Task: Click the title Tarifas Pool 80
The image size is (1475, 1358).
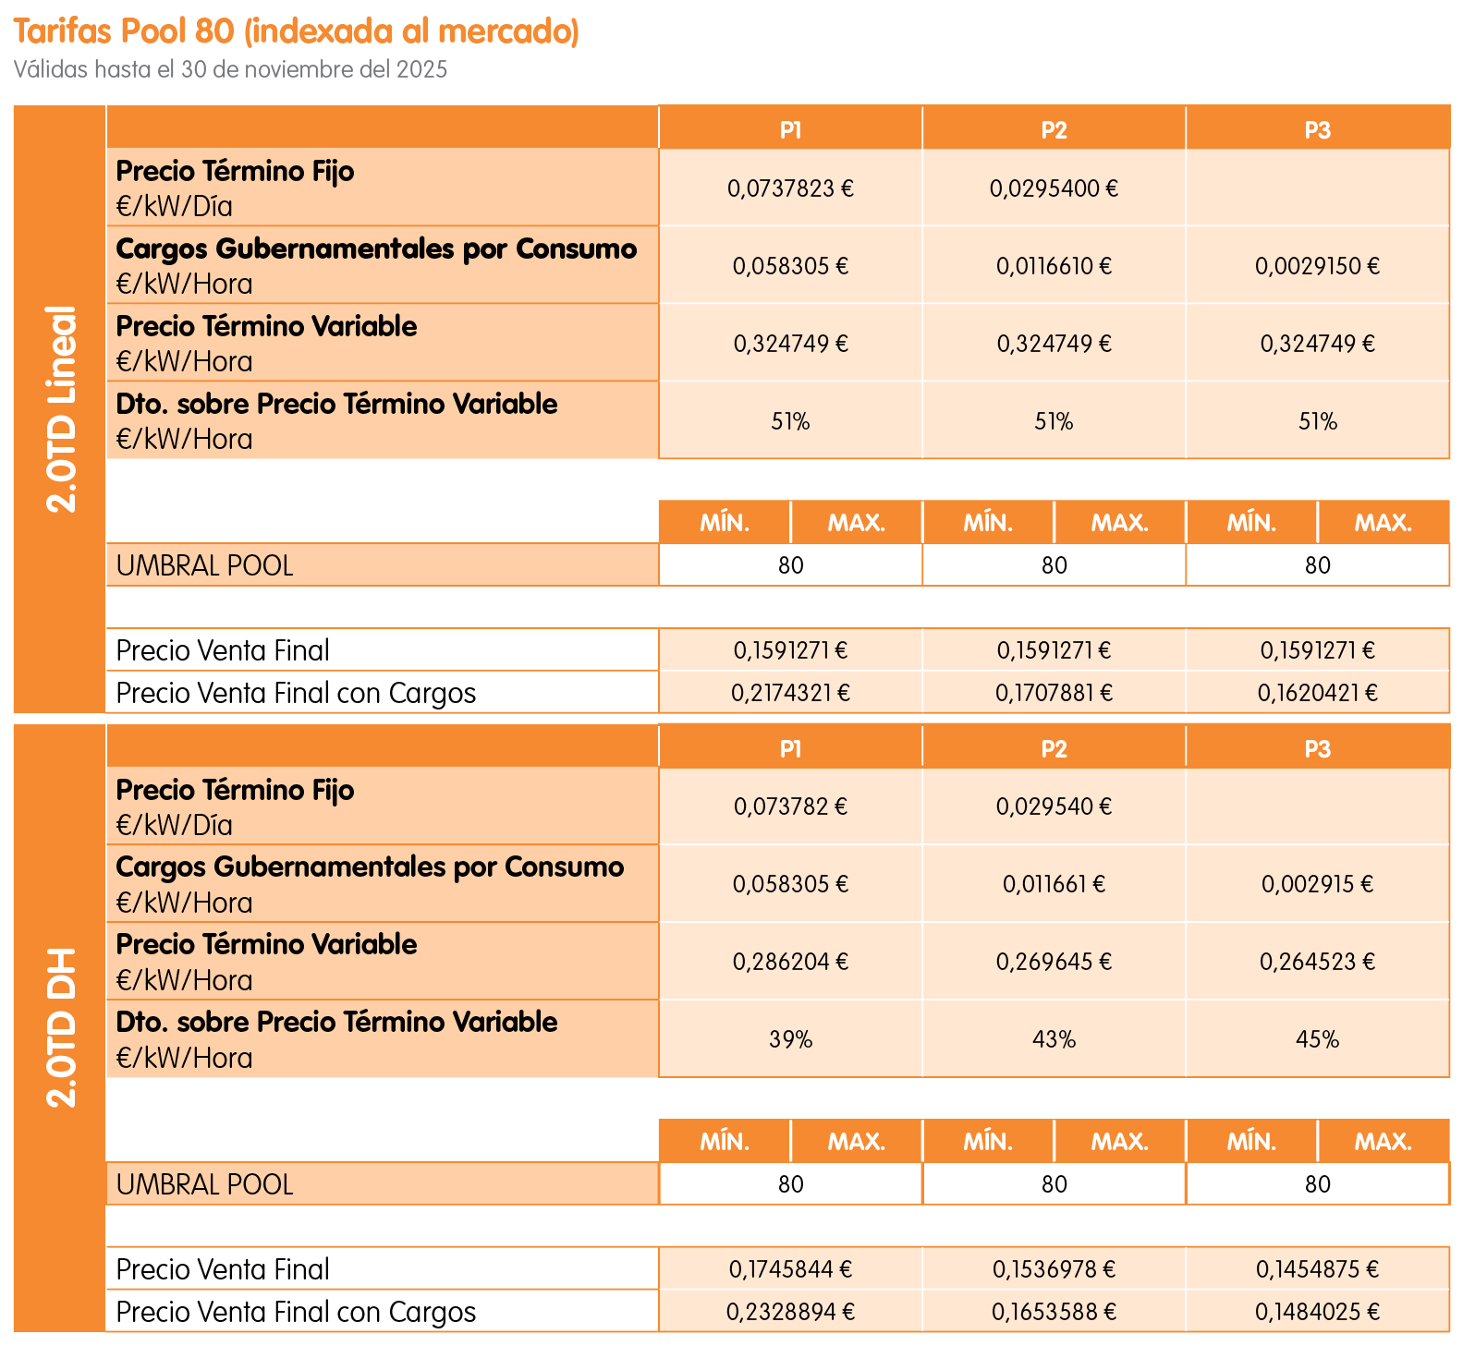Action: [x=296, y=31]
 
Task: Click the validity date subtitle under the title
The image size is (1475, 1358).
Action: [x=230, y=70]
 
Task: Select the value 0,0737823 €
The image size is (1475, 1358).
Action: [x=790, y=188]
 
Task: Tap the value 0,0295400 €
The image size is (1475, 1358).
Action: [x=1054, y=188]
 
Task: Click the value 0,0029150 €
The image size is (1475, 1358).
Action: [x=1317, y=266]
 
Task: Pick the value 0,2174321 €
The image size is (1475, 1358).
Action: [x=790, y=693]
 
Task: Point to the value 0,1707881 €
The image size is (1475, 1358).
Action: [x=1054, y=693]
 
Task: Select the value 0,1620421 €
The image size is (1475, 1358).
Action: [x=1317, y=693]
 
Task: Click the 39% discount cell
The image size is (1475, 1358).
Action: [x=790, y=1040]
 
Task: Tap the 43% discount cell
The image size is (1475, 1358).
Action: [x=1054, y=1040]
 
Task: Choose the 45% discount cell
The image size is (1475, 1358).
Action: [x=1317, y=1040]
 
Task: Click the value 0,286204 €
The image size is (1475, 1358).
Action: [x=790, y=963]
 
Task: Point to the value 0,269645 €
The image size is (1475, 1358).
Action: [x=1054, y=963]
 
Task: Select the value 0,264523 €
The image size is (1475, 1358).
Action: [x=1317, y=963]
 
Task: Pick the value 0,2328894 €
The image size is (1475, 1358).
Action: [x=790, y=1312]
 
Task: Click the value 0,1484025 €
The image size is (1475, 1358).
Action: [x=1317, y=1312]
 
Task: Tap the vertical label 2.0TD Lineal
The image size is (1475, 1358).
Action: [x=61, y=408]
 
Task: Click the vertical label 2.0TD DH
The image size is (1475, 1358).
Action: [x=61, y=1027]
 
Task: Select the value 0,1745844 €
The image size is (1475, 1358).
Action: [x=790, y=1269]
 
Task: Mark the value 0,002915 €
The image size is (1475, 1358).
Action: [x=1317, y=885]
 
